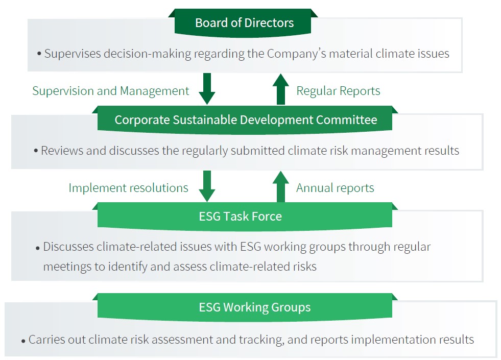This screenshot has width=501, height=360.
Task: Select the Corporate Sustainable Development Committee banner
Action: pyautogui.click(x=245, y=120)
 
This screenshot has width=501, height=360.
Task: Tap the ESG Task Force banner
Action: pyautogui.click(x=245, y=217)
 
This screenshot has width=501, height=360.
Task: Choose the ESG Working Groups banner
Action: pyautogui.click(x=245, y=307)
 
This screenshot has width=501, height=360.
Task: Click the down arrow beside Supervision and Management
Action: pyautogui.click(x=207, y=88)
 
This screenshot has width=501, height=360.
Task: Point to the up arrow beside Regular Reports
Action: pyautogui.click(x=281, y=89)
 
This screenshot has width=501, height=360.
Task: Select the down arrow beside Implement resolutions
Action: pyautogui.click(x=207, y=186)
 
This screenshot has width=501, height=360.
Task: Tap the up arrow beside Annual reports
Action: pyautogui.click(x=281, y=186)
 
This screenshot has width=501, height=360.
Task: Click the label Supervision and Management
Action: pyautogui.click(x=110, y=91)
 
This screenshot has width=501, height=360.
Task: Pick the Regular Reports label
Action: pyautogui.click(x=339, y=91)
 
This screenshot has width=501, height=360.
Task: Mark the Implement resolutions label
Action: pyautogui.click(x=129, y=188)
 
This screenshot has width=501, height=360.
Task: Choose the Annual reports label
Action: pyautogui.click(x=335, y=188)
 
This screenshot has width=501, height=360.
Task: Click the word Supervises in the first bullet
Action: pyautogui.click(x=73, y=54)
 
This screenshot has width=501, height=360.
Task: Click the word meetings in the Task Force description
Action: pyautogui.click(x=67, y=267)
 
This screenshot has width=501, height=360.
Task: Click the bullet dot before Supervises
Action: pyautogui.click(x=39, y=54)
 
